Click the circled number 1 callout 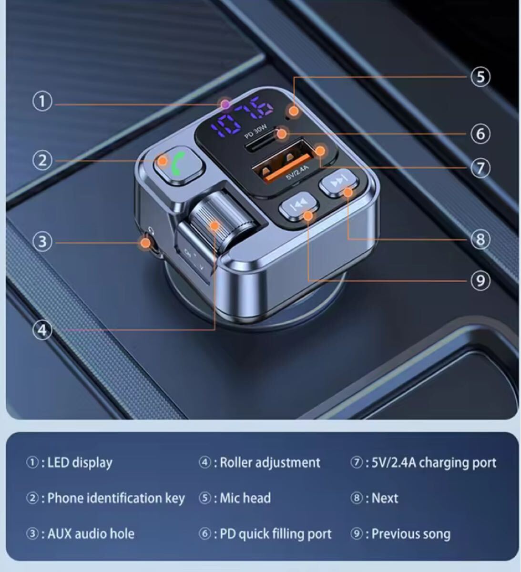coord(42,101)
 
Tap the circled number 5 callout coord(480,77)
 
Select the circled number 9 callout coord(480,281)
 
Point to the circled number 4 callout coord(42,330)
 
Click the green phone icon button coord(179,166)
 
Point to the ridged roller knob coord(221,221)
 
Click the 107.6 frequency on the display coord(242,116)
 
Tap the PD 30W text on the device coord(255,131)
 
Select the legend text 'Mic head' coord(245,498)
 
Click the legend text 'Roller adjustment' coord(270,462)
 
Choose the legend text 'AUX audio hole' coord(91,534)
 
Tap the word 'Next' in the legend coord(385,498)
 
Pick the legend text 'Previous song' coord(411,534)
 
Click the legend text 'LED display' coord(80,463)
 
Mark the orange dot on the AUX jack coord(146,243)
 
